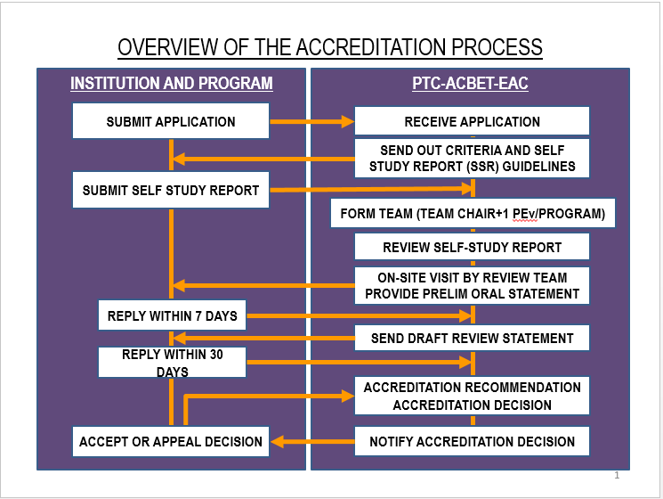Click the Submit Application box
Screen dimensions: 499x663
point(171,121)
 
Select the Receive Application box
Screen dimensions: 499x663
point(472,121)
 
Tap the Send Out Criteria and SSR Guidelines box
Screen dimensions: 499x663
point(472,159)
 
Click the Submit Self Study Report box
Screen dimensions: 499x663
point(171,190)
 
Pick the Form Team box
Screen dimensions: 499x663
point(473,214)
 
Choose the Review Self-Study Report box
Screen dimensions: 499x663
point(472,248)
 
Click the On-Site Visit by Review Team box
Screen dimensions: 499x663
point(472,285)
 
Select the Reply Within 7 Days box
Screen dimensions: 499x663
point(172,315)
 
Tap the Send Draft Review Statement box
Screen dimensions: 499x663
point(472,338)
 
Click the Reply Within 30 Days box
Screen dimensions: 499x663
point(172,363)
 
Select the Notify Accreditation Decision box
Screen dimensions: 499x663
point(472,441)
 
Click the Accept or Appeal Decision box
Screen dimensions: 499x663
point(171,441)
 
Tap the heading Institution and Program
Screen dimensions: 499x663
point(172,84)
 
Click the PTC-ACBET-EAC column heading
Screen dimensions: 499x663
point(471,84)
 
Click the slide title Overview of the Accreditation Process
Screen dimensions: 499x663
point(330,47)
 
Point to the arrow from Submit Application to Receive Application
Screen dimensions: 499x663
point(311,121)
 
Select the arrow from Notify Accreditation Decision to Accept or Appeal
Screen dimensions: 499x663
point(311,441)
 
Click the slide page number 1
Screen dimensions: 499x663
point(617,475)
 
